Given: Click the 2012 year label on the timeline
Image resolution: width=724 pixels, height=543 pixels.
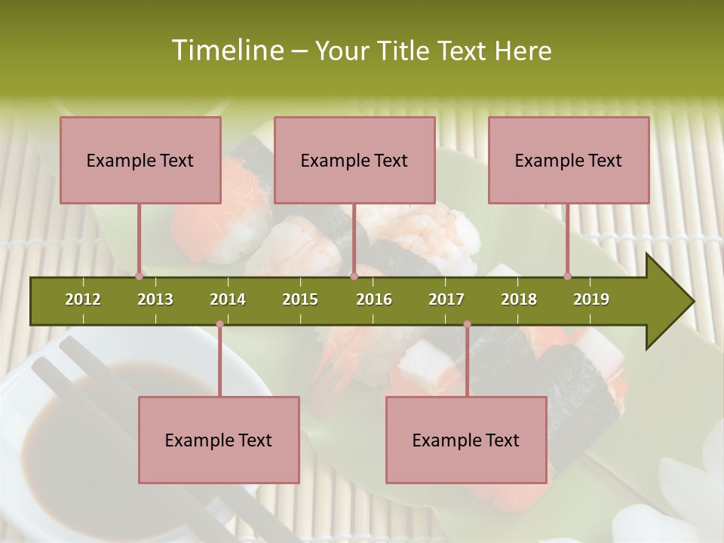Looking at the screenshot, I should click(83, 299).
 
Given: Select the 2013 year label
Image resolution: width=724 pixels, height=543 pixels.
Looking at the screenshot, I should click(155, 299).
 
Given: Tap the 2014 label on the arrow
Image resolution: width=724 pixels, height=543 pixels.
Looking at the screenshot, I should click(228, 299).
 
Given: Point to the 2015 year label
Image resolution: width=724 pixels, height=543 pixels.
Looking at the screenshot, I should click(300, 299).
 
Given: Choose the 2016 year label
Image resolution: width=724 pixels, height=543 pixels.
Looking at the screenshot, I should click(374, 299).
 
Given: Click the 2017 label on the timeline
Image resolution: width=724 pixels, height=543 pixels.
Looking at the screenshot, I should click(446, 299).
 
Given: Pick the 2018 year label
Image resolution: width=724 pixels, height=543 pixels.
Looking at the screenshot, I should click(519, 299).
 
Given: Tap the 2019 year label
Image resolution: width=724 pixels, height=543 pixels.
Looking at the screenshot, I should click(591, 299).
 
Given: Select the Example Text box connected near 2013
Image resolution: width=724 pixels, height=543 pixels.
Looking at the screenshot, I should click(140, 160).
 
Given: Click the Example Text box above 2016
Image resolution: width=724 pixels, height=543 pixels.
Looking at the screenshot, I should click(354, 160).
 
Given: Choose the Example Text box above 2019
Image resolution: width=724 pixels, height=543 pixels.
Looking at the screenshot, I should click(569, 160).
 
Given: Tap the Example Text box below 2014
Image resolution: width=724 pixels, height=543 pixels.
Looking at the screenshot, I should click(219, 440).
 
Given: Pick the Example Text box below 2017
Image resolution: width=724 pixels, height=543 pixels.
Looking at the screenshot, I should click(466, 440).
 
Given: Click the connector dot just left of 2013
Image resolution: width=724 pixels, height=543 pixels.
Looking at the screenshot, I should click(139, 276).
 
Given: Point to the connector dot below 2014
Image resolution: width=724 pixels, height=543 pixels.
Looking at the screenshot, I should click(219, 324).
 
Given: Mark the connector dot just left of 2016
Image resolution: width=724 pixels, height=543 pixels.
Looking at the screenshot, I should click(354, 276).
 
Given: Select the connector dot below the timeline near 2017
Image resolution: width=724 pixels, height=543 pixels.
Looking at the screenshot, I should click(467, 324).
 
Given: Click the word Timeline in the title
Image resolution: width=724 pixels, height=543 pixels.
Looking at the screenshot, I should click(226, 51).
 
